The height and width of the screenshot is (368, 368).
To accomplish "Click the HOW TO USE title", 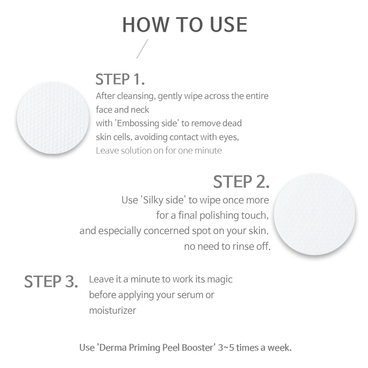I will pos(185,25).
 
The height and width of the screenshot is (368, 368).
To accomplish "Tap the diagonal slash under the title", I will pos(142,49).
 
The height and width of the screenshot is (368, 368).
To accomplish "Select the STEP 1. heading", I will pos(120,79).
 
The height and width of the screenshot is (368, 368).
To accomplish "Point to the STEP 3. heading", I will pos(51,281).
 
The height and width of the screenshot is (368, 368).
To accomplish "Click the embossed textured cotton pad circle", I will pos(53,118).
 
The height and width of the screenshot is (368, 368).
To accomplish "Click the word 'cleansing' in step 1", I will pos(136,96).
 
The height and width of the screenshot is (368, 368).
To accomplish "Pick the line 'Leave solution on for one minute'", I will pos(159,151).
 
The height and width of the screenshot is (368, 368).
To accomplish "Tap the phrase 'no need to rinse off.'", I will pos(227,246).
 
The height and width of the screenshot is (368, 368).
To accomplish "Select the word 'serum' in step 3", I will pos(189,295).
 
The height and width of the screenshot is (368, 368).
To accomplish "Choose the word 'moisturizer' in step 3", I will pos(112,310).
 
